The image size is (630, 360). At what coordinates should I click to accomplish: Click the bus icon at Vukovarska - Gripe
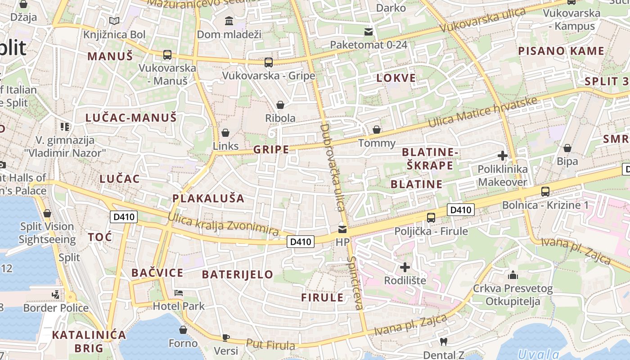point(269,62)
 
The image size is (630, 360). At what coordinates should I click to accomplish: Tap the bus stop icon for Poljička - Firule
point(431,218)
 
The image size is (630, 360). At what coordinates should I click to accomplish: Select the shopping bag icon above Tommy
point(377,130)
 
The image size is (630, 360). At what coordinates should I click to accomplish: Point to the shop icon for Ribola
point(280,105)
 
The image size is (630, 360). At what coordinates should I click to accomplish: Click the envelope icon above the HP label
point(343,229)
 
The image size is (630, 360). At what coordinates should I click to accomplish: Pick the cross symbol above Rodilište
point(405,267)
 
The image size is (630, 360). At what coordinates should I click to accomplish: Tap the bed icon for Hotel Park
point(179,293)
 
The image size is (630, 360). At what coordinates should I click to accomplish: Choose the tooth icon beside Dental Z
point(443,342)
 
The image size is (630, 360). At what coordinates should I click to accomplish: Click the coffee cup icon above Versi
point(225,337)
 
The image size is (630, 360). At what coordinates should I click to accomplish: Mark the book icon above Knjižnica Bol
point(114,21)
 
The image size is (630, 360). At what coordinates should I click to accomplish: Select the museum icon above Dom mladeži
point(229,21)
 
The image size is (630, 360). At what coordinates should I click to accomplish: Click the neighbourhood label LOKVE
point(396,78)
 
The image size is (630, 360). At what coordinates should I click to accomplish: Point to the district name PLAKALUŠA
point(208,198)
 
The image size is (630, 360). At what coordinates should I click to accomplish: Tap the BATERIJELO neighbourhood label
point(237,274)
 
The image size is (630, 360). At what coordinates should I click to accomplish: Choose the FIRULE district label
point(322,297)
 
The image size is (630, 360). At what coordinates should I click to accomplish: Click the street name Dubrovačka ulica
point(332,167)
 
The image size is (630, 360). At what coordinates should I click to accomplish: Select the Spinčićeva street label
point(355,283)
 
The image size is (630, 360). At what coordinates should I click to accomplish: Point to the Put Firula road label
point(270,345)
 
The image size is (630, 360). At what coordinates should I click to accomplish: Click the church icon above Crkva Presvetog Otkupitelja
point(513,274)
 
